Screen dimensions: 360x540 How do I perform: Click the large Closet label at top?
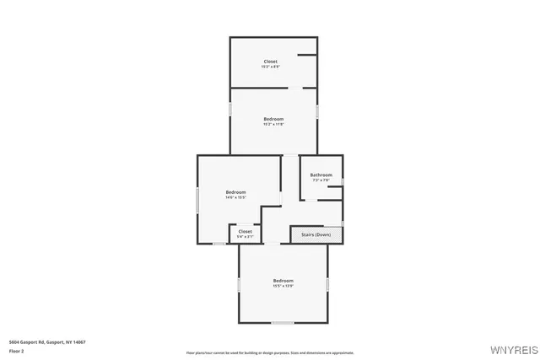(270, 61)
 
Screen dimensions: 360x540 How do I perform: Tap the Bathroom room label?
(321, 175)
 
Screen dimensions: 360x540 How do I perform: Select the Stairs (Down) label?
(316, 234)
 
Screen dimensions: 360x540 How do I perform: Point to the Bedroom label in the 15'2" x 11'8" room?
(273, 119)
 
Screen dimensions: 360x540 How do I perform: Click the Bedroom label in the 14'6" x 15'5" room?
(235, 192)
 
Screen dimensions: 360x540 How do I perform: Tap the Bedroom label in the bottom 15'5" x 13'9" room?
(283, 280)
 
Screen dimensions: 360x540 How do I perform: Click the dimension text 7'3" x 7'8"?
(321, 180)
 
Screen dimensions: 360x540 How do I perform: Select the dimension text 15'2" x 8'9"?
(270, 67)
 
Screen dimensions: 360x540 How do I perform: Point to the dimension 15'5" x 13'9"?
(283, 286)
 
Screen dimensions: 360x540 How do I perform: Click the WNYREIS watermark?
(510, 347)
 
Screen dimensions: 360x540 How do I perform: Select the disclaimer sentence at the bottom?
(270, 352)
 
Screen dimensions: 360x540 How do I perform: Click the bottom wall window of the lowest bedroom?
(283, 322)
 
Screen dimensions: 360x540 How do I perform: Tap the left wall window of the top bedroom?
(231, 110)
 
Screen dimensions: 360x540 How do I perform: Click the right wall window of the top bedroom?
(317, 110)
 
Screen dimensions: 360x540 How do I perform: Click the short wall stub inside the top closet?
(307, 56)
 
